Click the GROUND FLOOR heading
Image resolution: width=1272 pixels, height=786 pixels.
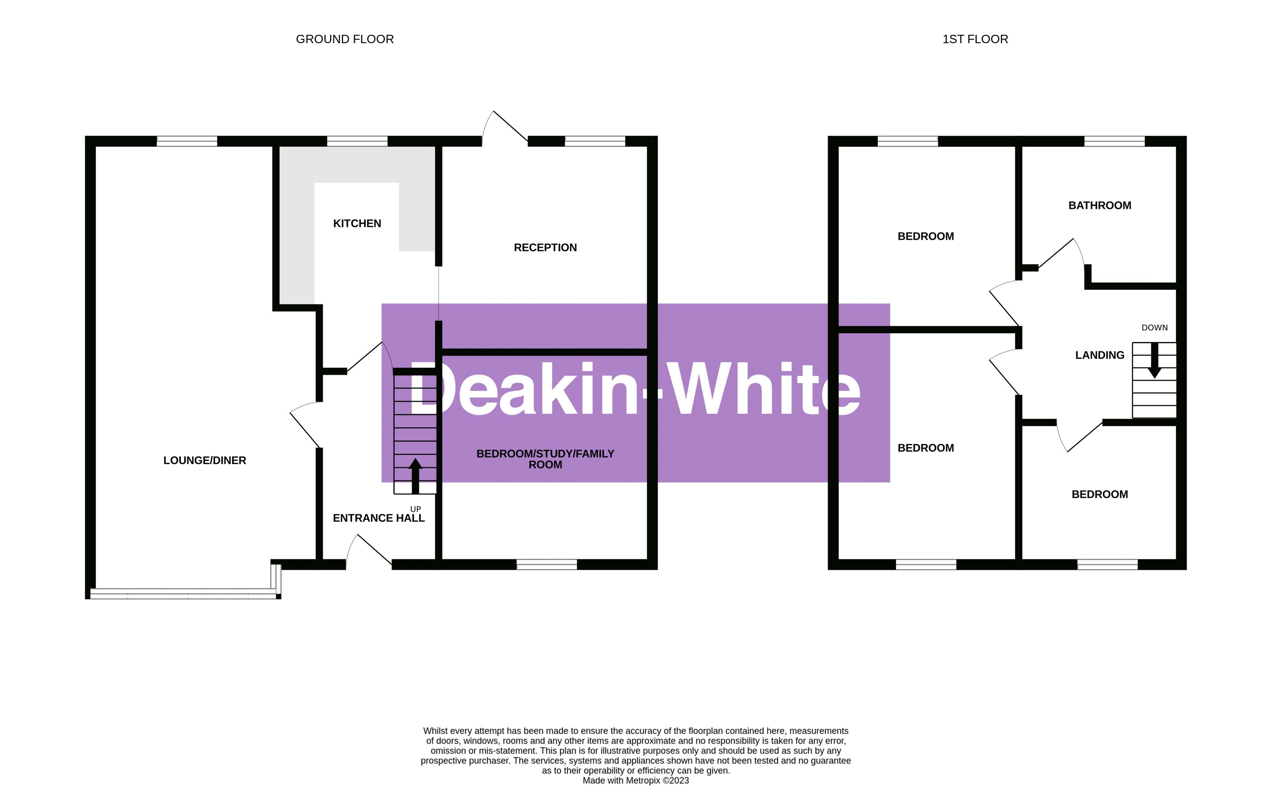[345, 39]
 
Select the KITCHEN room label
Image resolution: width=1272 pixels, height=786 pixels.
[357, 223]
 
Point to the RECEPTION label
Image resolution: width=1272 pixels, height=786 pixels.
[545, 247]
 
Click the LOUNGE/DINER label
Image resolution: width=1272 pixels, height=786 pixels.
[205, 460]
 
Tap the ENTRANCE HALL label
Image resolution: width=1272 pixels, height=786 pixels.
[378, 518]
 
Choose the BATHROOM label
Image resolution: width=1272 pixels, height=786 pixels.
[1099, 205]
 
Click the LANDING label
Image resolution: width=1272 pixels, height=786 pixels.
[1099, 355]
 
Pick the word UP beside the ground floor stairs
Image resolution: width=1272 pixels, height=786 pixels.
[415, 509]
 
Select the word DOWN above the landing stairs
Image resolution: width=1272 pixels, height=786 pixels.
[1154, 328]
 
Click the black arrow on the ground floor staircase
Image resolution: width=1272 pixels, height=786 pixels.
[415, 475]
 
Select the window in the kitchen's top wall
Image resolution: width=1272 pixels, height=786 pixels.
[357, 141]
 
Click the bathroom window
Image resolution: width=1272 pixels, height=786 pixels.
[1114, 141]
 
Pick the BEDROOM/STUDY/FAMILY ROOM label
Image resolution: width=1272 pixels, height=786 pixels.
[545, 459]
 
